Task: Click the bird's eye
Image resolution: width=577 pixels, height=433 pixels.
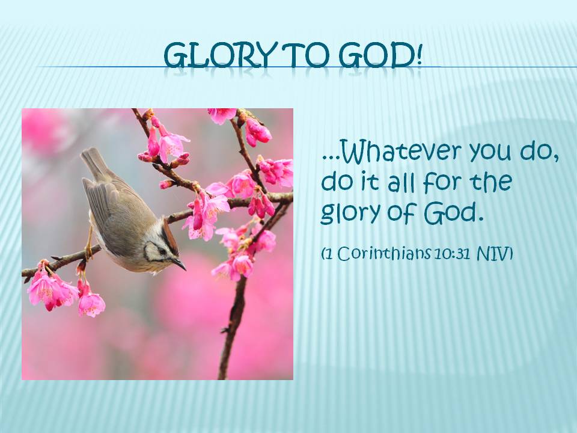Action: pos(162,251)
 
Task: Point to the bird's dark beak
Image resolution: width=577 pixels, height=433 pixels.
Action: pos(179,264)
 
